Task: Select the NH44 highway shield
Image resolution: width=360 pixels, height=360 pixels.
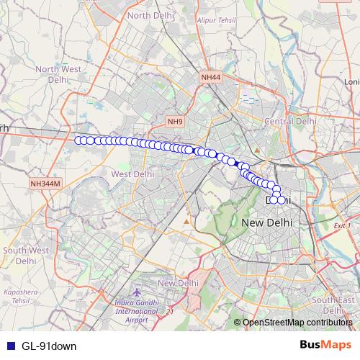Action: pos(212,76)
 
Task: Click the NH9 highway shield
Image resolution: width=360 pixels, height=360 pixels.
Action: pos(175,122)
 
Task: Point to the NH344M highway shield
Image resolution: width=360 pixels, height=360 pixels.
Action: pos(46,184)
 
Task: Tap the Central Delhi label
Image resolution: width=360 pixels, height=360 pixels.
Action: pos(290,122)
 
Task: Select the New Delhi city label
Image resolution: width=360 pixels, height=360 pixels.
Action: pos(266,222)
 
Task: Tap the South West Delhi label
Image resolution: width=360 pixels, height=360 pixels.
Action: pos(25,256)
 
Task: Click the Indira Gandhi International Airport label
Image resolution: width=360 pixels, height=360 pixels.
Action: pos(139,310)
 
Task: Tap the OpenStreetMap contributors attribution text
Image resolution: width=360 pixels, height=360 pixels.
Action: pos(297,323)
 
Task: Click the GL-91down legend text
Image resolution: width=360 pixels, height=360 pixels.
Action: pos(49,346)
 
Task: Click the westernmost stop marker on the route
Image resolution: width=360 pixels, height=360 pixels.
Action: pos(78,140)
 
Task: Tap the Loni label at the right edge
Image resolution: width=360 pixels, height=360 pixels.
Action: pos(352,82)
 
